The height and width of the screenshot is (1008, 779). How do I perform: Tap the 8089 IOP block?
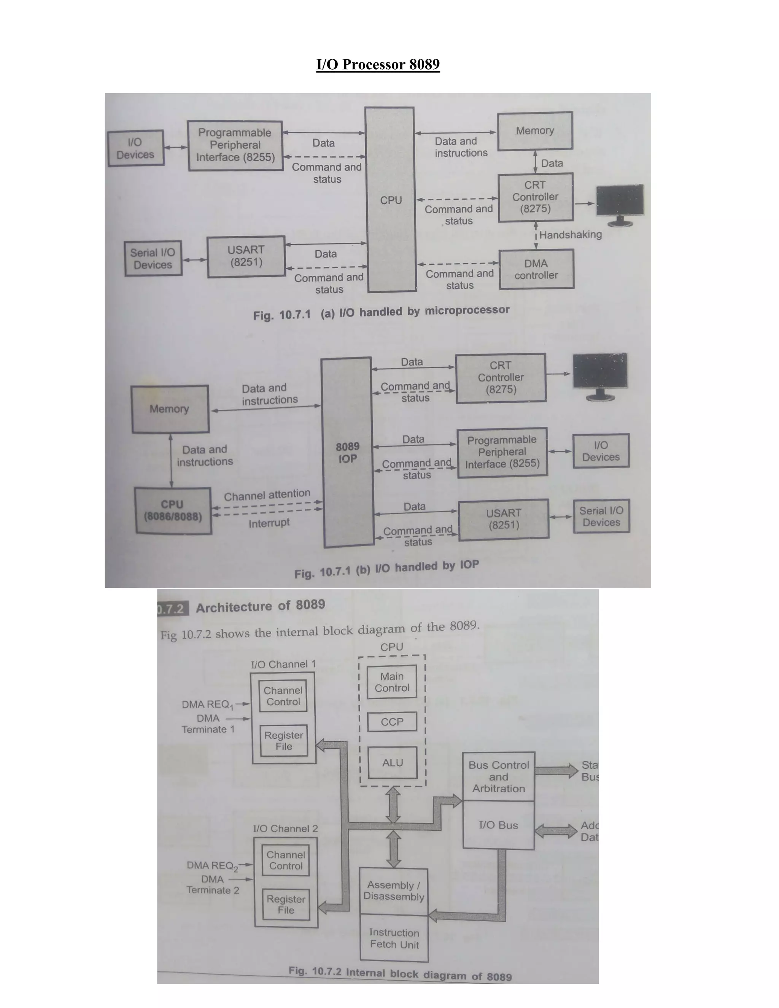point(348,452)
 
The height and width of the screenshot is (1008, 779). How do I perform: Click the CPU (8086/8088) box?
point(173,510)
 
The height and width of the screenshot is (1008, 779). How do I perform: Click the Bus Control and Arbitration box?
point(498,777)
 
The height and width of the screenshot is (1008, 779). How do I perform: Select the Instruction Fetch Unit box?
point(394,938)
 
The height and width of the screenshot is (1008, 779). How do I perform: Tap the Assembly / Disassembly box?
point(394,891)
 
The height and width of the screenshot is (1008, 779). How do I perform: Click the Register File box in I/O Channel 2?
point(286,905)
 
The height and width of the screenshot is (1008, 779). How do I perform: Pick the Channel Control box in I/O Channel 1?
point(283,696)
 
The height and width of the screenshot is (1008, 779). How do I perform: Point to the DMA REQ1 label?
point(208,704)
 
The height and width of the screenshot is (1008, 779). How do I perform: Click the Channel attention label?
point(267,495)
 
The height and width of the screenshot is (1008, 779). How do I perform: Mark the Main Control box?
point(392,682)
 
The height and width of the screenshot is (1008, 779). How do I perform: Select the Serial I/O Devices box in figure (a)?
point(153,258)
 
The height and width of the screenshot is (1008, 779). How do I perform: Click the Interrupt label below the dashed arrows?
point(269,523)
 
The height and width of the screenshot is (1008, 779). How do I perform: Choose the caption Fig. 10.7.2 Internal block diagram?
point(400,974)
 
